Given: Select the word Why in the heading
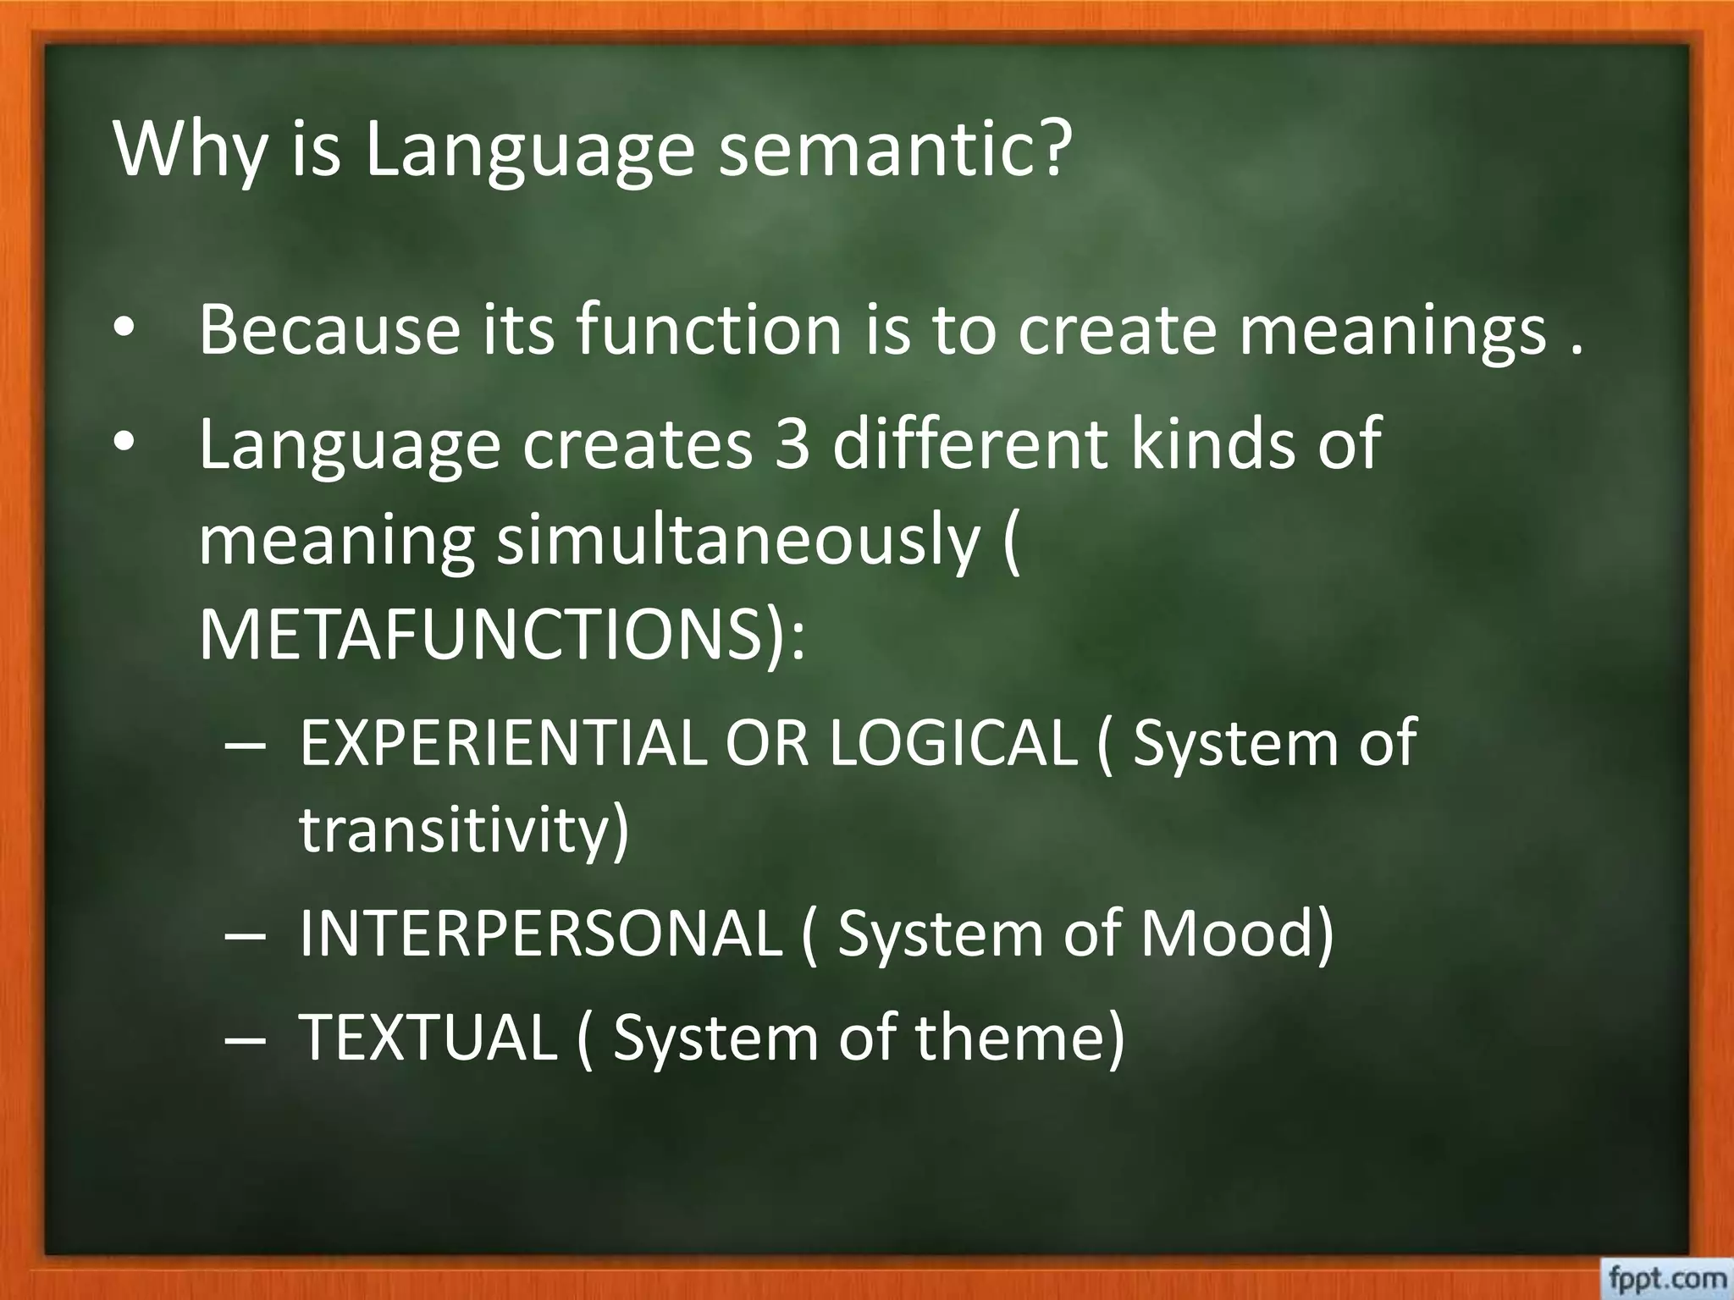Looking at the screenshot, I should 188,151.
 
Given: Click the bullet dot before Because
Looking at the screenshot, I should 124,330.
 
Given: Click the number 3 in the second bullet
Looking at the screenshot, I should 792,443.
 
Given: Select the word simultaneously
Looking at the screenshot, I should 737,542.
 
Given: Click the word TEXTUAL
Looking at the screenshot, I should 428,1037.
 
